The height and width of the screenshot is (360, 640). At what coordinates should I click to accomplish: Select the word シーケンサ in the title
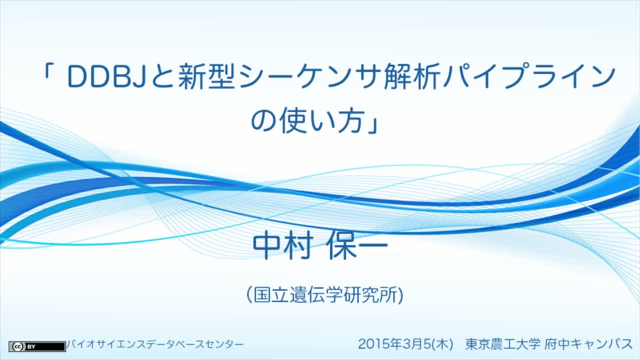(309, 76)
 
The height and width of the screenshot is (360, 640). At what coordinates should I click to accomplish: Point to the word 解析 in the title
(411, 76)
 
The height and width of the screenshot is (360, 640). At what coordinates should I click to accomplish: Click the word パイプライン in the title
(529, 76)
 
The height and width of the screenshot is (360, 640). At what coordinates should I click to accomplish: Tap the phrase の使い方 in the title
(307, 121)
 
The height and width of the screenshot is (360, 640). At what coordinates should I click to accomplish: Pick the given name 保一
(357, 246)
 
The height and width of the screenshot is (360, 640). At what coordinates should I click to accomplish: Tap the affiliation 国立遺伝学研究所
(325, 294)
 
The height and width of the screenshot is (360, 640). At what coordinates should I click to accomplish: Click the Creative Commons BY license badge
(37, 346)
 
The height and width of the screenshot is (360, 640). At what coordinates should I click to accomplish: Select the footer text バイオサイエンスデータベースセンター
(155, 344)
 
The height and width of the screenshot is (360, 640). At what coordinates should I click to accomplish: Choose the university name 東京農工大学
(503, 344)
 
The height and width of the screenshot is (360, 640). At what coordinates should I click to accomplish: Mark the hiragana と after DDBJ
(163, 76)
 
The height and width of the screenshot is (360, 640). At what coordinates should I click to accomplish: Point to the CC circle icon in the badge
(17, 346)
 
